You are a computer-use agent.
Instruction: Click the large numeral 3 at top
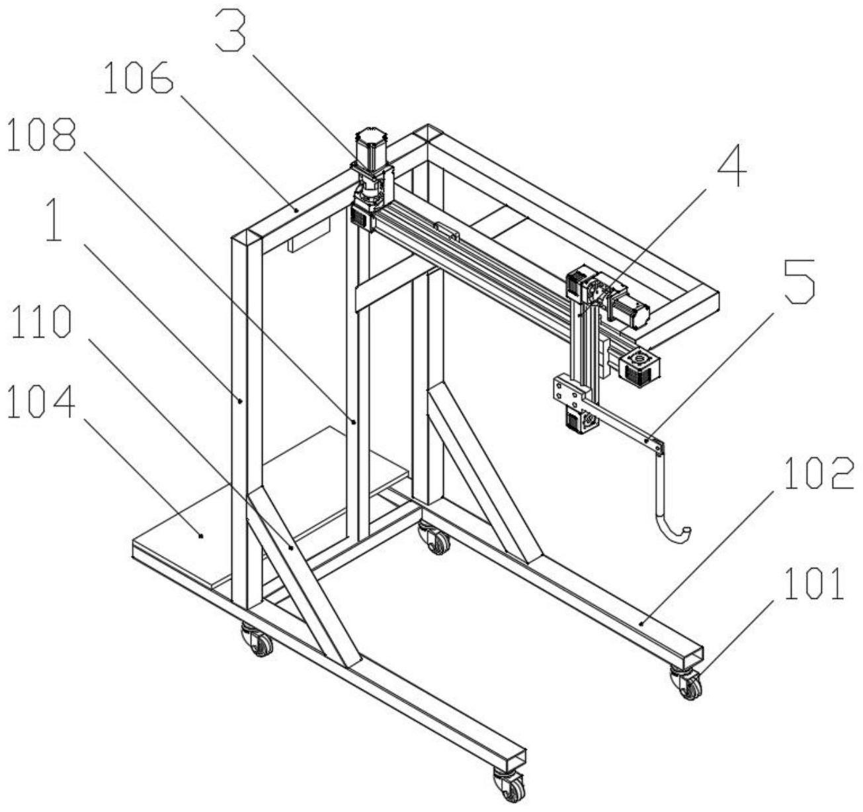(x=231, y=30)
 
